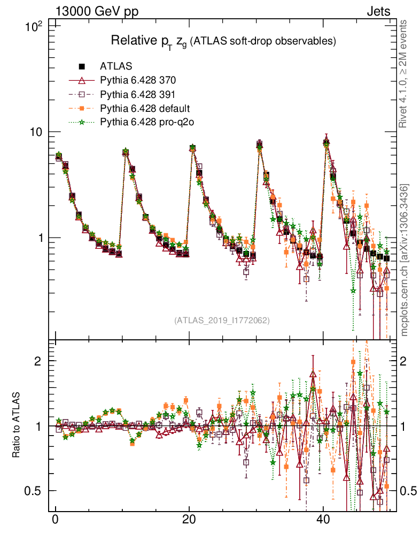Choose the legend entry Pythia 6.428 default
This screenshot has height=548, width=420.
(145, 109)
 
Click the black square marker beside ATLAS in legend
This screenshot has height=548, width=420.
(82, 67)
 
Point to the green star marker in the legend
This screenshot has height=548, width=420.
(82, 123)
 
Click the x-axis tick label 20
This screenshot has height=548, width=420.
(189, 520)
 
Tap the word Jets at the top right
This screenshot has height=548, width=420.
(378, 11)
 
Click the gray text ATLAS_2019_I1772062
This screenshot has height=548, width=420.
(222, 321)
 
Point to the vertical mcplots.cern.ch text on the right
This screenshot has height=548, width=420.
(405, 260)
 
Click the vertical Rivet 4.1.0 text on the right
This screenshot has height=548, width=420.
(405, 74)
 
